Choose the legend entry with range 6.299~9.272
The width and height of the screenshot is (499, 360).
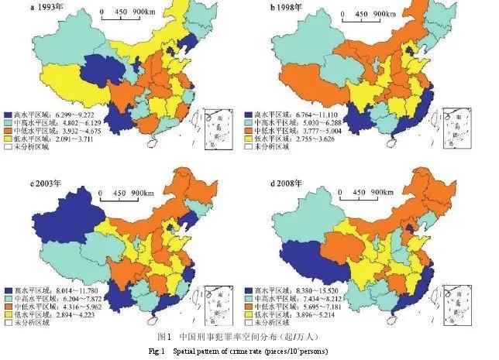[54, 115]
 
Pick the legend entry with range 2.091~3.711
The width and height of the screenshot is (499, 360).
[54, 144]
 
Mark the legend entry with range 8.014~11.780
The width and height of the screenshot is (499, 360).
[54, 292]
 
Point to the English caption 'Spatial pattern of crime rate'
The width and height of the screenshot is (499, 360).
[263, 352]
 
